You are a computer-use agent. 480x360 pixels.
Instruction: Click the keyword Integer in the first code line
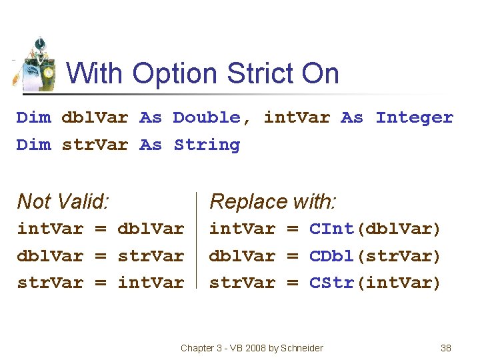414,118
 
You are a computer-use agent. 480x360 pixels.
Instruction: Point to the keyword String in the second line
206,145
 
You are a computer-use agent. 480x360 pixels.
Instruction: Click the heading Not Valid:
63,201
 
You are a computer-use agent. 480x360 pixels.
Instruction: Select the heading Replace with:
273,201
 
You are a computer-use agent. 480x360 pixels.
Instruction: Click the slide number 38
446,348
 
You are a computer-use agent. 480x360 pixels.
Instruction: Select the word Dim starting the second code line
33,145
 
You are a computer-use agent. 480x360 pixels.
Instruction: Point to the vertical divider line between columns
197,240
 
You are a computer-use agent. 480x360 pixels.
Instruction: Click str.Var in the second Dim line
94,145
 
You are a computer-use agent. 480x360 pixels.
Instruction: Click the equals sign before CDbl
292,256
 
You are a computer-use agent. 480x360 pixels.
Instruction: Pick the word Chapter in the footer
198,348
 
